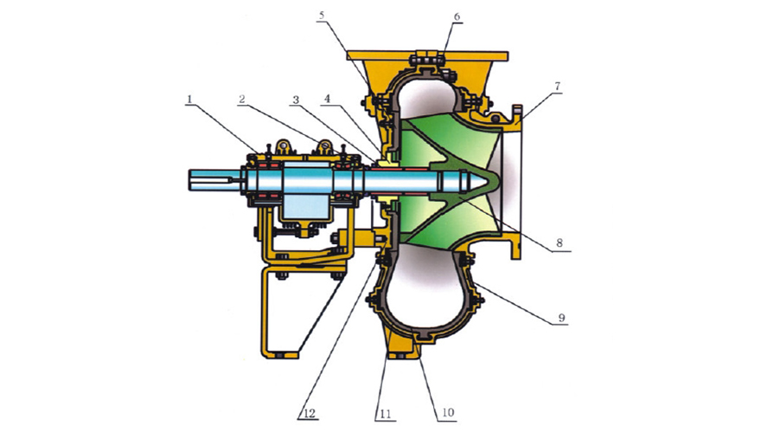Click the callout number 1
[189, 99]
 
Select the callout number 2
[242, 100]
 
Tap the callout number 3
[296, 100]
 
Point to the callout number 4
[328, 99]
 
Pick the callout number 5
[322, 16]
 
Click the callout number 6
[457, 16]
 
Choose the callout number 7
[557, 87]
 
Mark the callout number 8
[560, 242]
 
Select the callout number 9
[561, 319]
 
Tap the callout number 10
[448, 412]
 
